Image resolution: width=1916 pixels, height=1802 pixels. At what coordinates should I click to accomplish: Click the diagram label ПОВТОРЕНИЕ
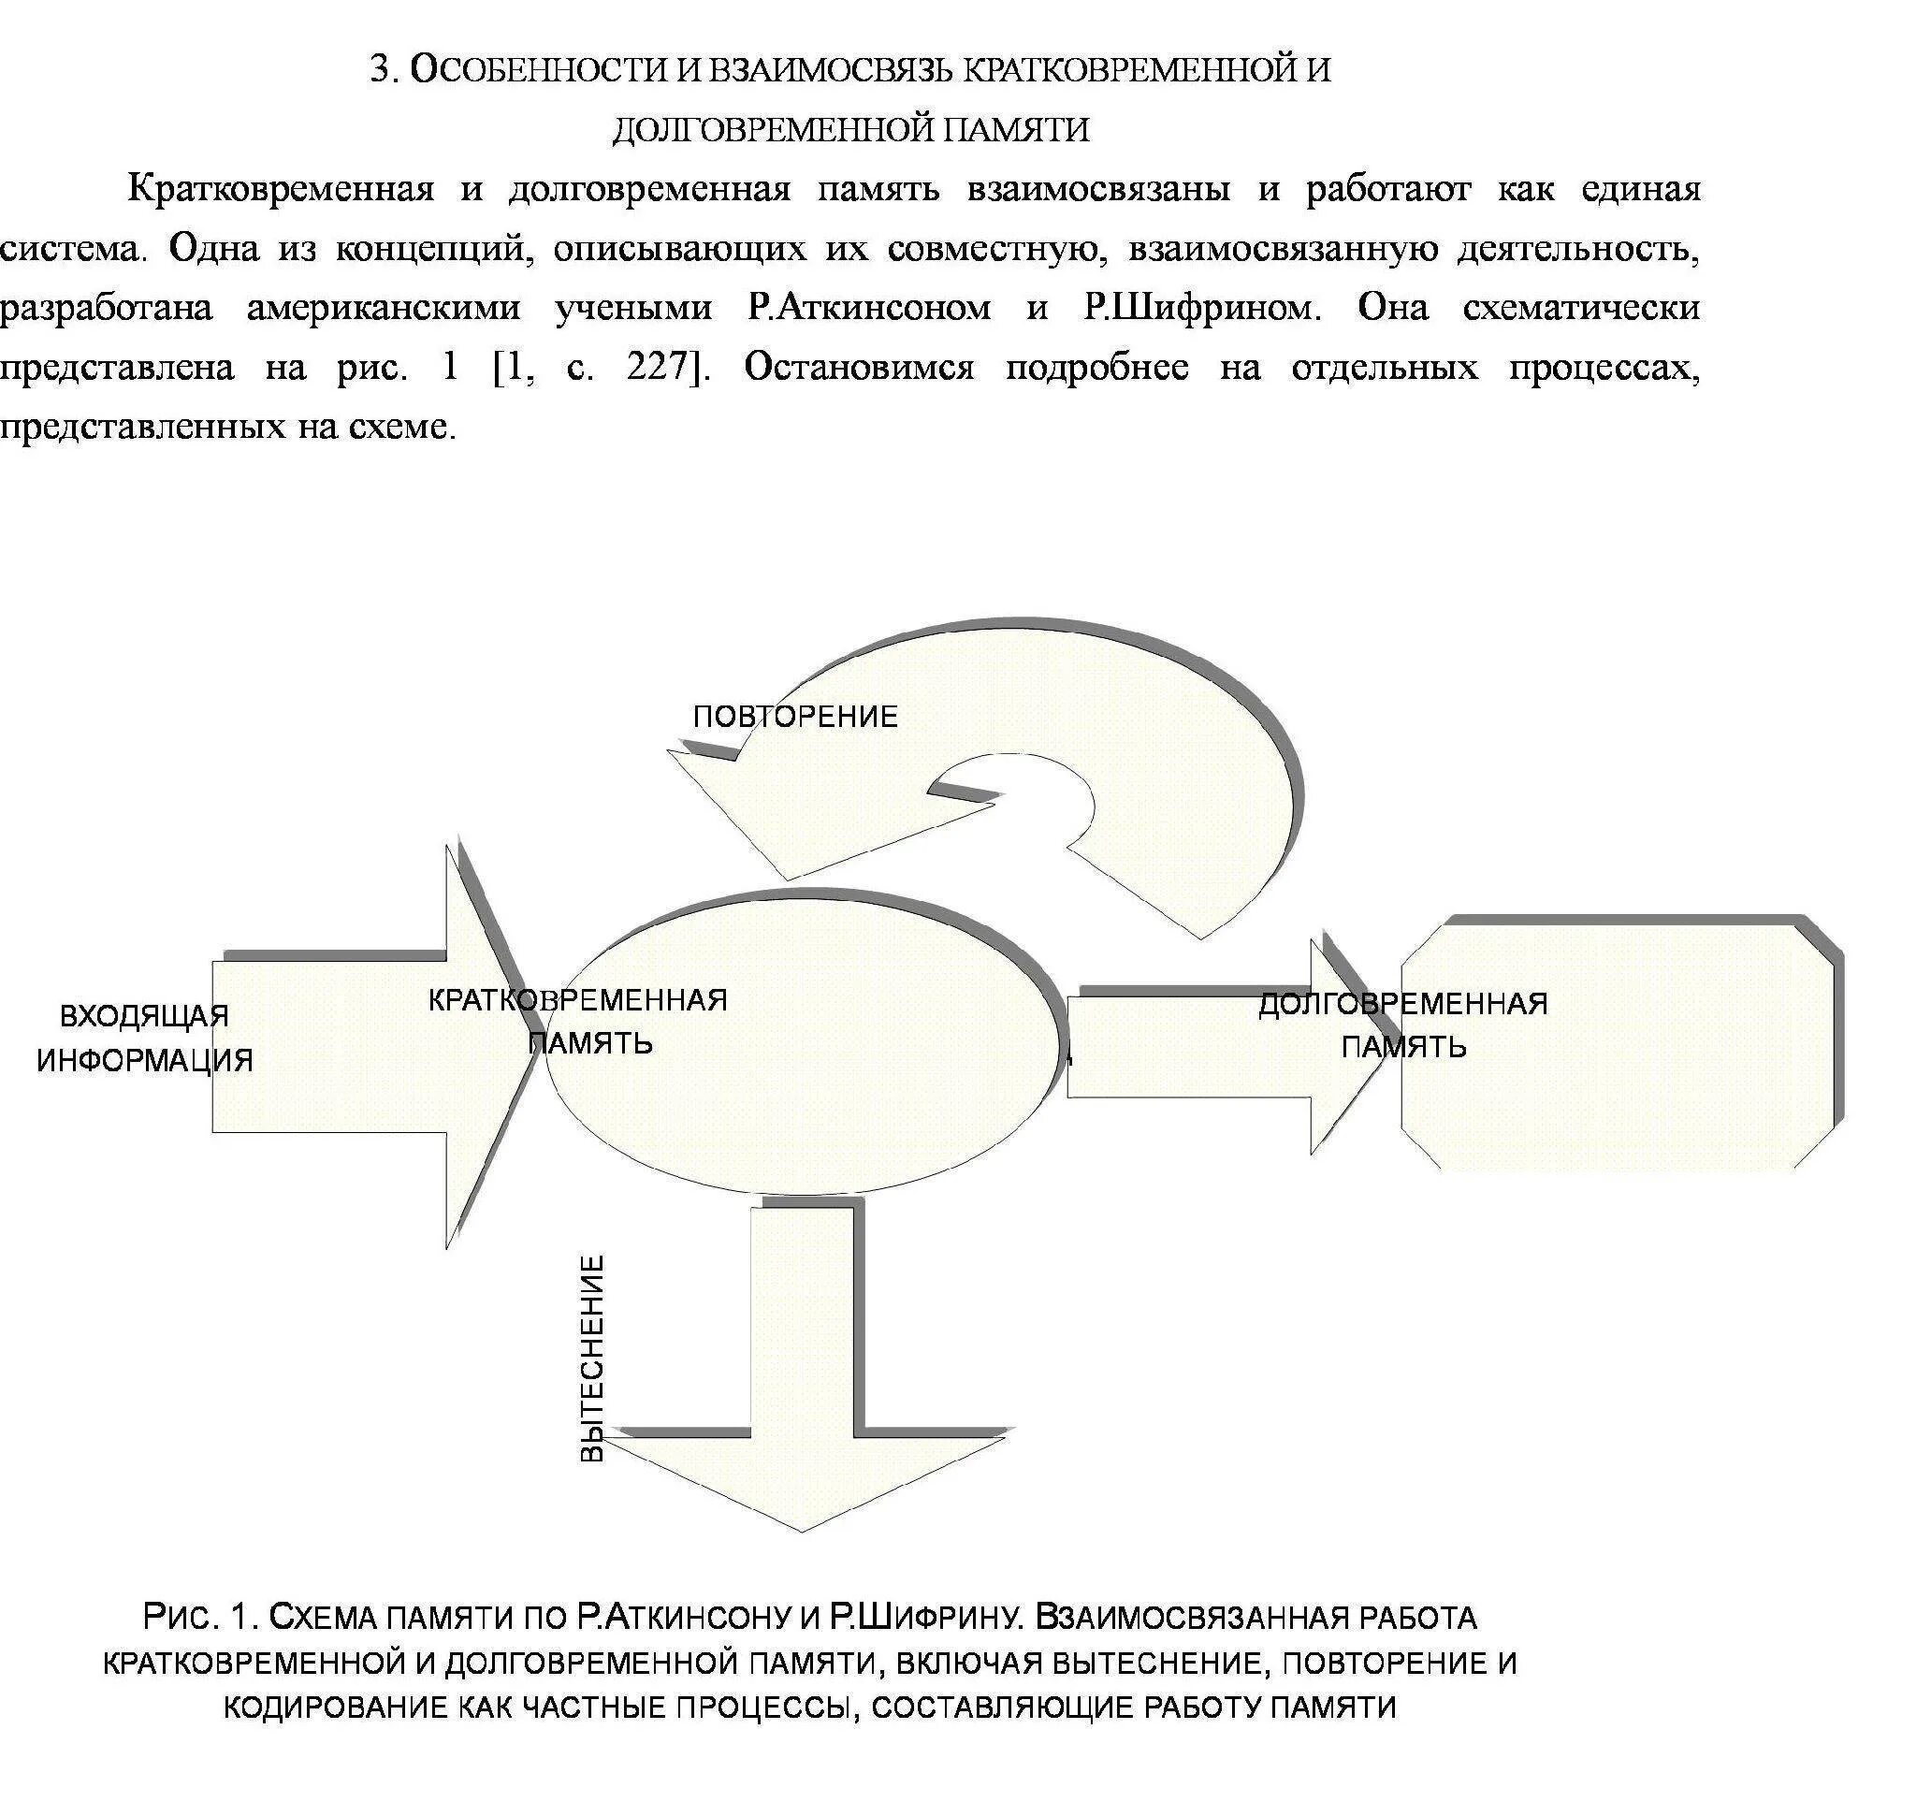(x=795, y=716)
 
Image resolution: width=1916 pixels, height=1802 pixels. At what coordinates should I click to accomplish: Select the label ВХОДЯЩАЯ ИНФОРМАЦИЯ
(x=145, y=1038)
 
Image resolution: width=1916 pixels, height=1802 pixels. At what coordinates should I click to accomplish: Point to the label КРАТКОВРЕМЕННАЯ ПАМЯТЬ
(x=578, y=1022)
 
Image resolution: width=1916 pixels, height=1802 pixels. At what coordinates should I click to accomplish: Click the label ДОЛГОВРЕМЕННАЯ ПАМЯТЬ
(x=1403, y=1025)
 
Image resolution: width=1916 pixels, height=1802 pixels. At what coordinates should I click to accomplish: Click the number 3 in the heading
(x=384, y=70)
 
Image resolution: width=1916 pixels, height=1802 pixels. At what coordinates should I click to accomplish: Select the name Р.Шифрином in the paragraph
(x=1198, y=309)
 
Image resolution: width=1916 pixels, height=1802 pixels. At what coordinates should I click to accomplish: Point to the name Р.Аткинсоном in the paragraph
(x=869, y=309)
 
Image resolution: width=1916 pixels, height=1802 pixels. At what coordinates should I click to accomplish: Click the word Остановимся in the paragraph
(x=859, y=367)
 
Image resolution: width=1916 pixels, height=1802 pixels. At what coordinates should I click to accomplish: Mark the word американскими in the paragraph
(x=384, y=309)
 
